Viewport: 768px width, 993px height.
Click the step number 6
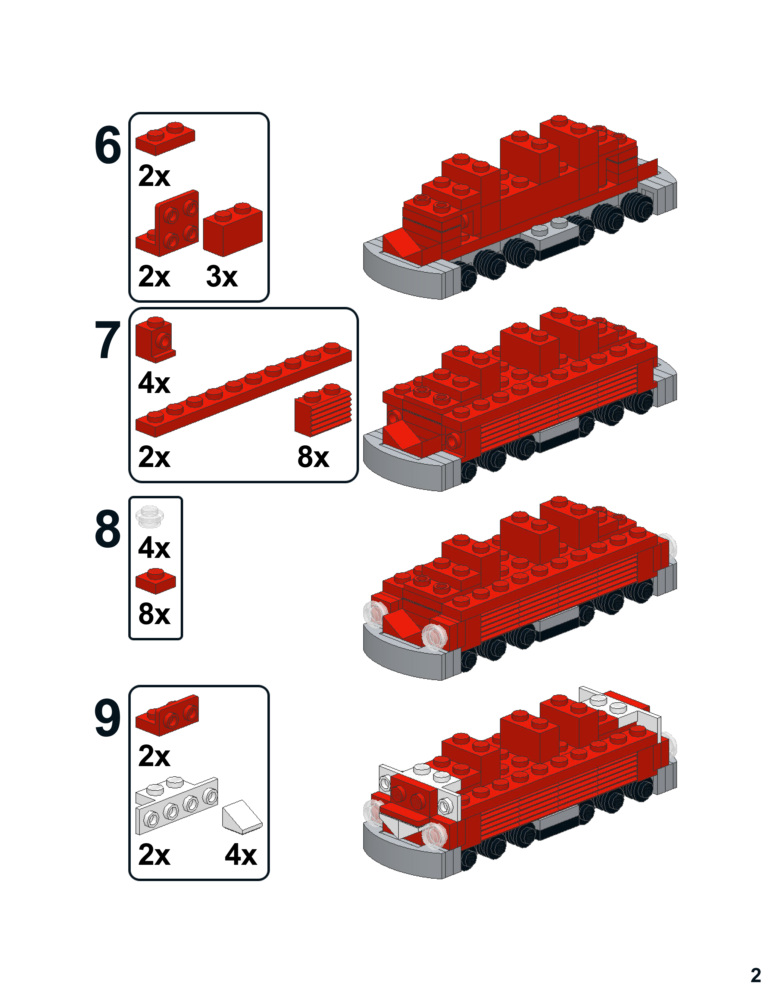click(108, 146)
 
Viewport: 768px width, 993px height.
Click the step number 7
click(108, 340)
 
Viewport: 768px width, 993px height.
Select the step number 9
click(108, 718)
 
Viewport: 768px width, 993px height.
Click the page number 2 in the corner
click(755, 975)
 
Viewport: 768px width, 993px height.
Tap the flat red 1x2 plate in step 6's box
click(165, 139)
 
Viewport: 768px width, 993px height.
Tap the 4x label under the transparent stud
click(154, 548)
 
